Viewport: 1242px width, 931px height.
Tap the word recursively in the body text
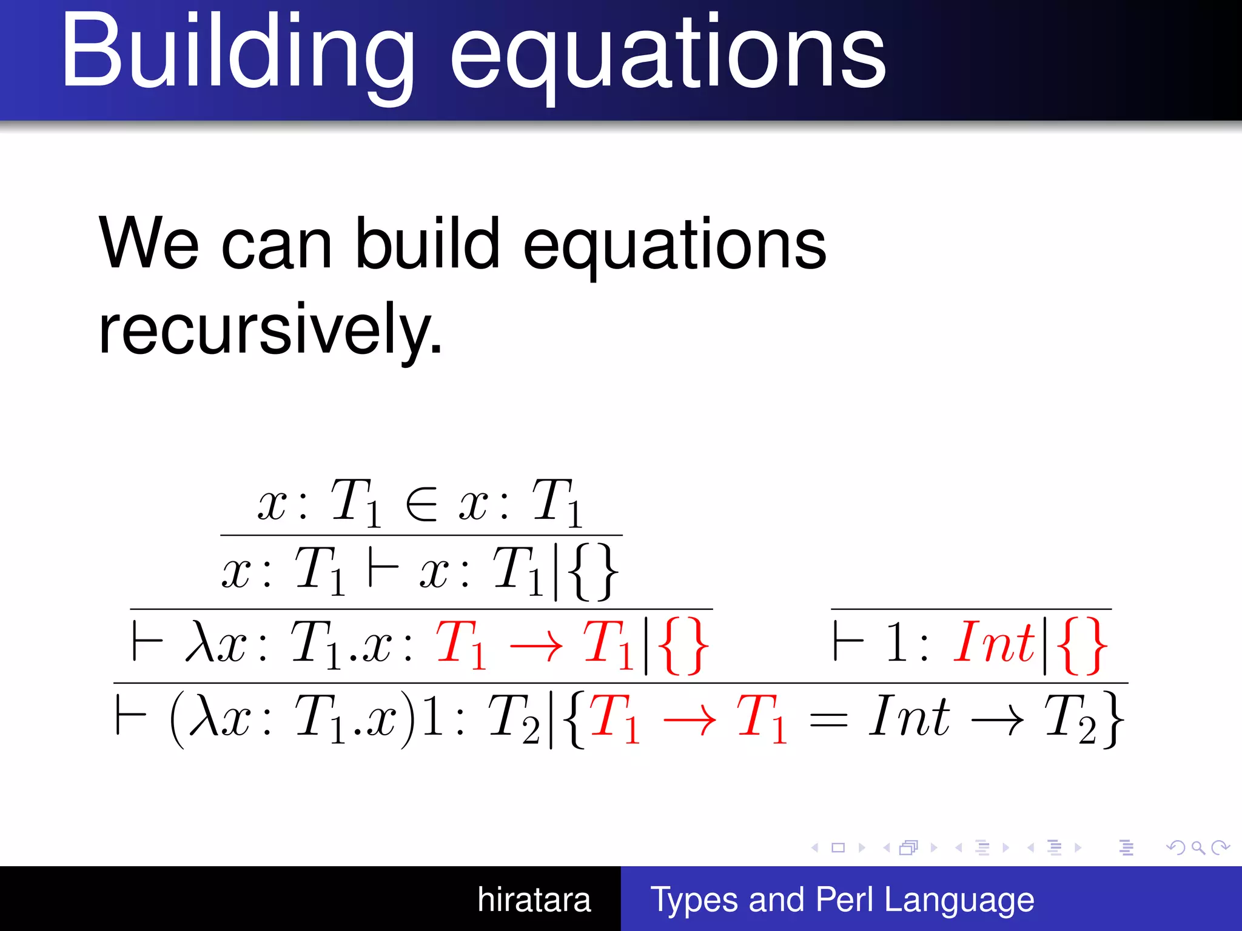tap(270, 330)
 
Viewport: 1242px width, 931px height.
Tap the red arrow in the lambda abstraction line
tap(536, 646)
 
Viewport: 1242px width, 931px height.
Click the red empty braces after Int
tap(1082, 646)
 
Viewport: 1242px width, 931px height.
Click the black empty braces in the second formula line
tap(593, 572)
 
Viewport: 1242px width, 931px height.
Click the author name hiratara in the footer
tap(534, 899)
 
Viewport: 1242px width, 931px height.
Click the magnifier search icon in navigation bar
tap(1198, 848)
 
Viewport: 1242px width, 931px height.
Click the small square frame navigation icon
tap(838, 848)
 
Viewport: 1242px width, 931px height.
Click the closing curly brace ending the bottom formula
tap(1113, 720)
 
